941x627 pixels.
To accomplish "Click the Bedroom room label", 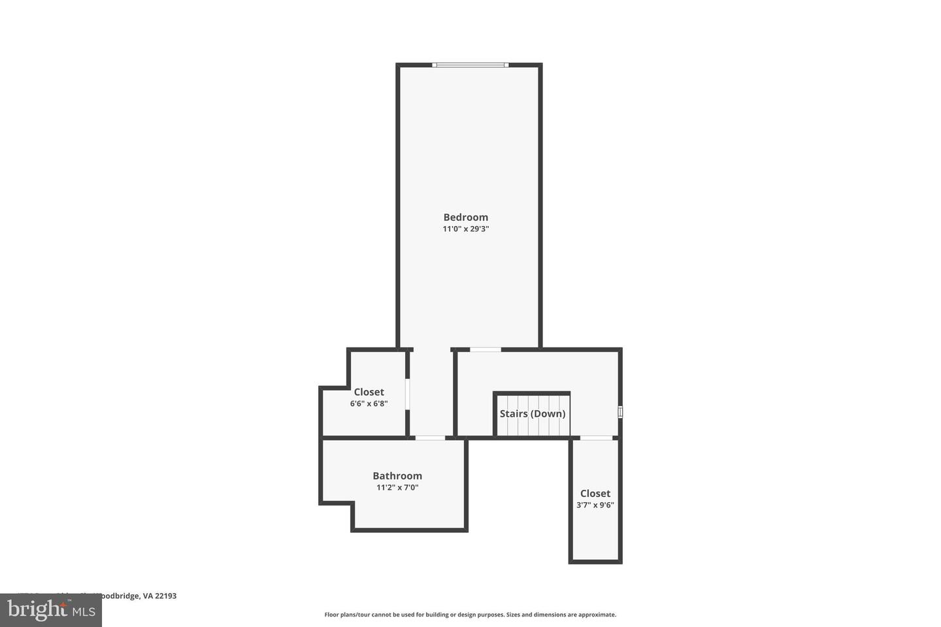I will tap(465, 217).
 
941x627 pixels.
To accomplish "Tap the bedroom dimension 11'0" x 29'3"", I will tap(465, 229).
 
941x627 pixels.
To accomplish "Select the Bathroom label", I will tap(397, 476).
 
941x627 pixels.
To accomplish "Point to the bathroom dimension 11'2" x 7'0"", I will tap(397, 487).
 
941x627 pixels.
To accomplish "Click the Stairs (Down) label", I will tap(532, 414).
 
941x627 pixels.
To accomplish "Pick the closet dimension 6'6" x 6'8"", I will tap(369, 404).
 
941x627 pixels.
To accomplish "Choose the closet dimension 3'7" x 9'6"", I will tap(595, 505).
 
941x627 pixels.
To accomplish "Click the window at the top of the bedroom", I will tap(470, 65).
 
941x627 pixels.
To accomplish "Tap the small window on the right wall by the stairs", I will tap(620, 412).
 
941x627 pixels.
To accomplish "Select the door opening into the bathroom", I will tap(430, 438).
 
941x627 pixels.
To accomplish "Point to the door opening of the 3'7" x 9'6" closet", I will tap(596, 438).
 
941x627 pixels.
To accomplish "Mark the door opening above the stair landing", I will tap(486, 350).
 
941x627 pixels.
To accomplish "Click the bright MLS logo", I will tap(51, 611).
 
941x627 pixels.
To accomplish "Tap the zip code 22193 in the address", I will tap(165, 596).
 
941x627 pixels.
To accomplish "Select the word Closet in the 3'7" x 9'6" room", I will tap(595, 494).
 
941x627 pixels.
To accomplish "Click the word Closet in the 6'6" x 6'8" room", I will tap(369, 393).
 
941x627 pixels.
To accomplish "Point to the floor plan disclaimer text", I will tap(470, 615).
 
